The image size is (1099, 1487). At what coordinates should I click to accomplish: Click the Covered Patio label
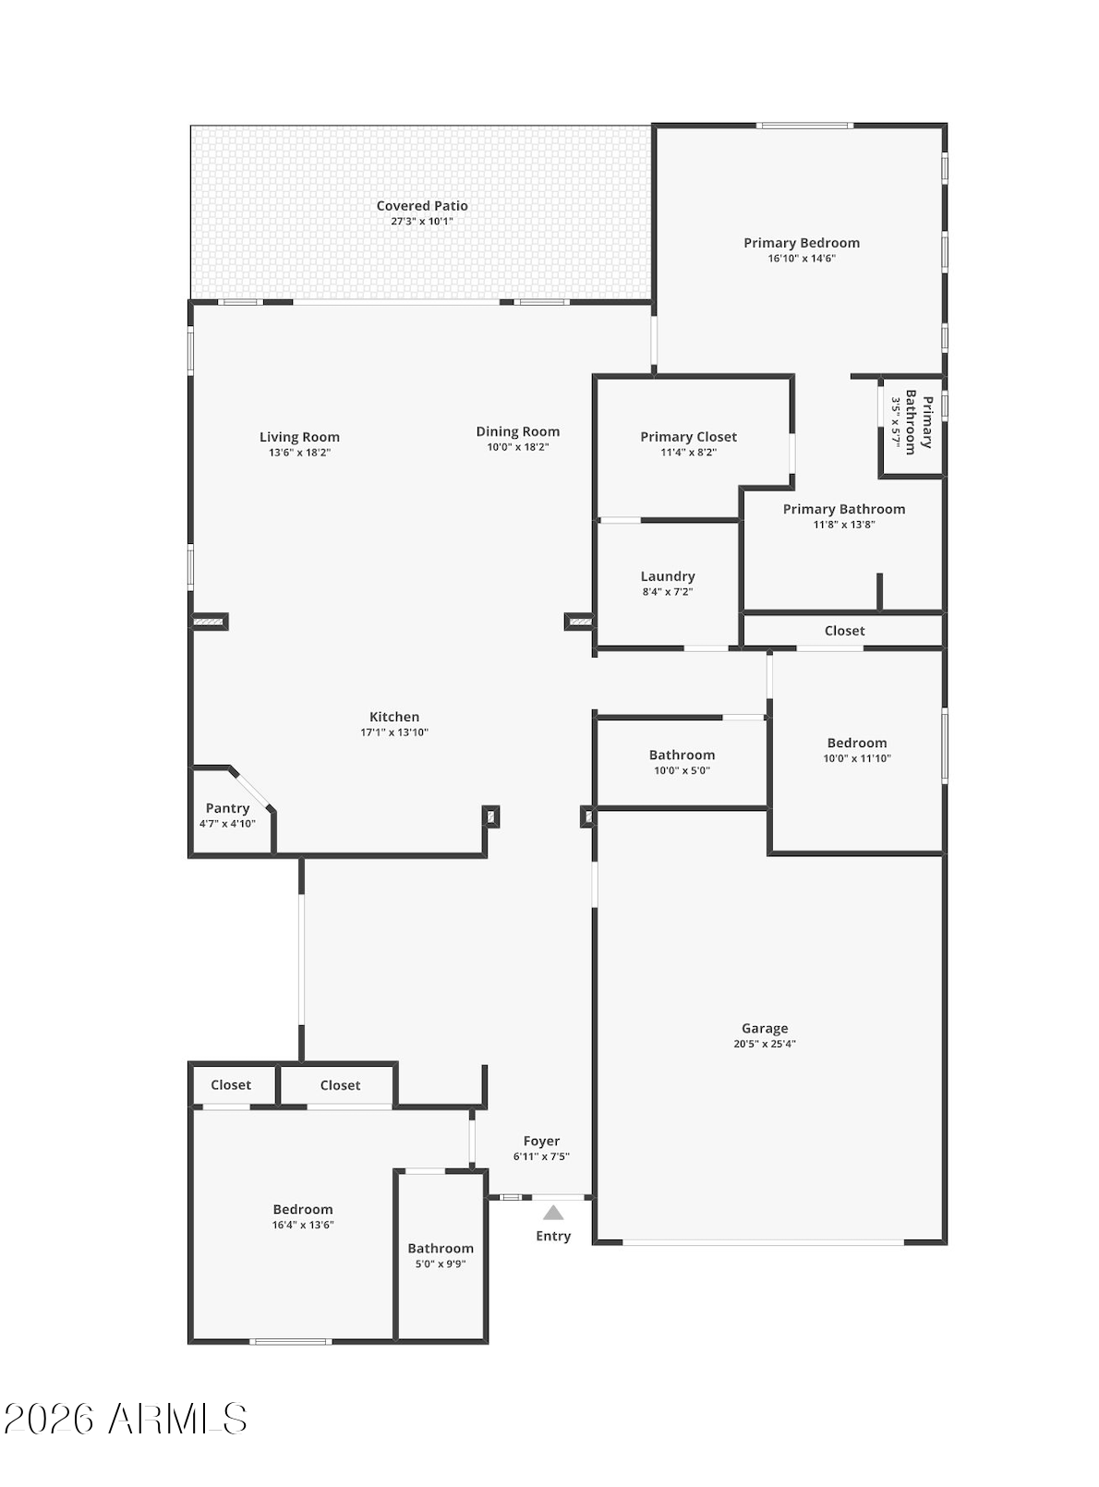point(422,206)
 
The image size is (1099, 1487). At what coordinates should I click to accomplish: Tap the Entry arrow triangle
point(553,1212)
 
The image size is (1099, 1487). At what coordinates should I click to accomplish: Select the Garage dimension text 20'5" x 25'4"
point(765,1043)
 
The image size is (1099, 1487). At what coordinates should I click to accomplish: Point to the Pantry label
point(227,808)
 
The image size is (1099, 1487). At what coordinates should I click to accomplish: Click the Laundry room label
point(667,576)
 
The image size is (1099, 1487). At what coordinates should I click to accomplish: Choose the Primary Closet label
point(689,437)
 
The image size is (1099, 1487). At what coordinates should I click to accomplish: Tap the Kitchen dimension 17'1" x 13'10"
point(394,732)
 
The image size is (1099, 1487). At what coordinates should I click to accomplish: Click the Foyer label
point(542,1141)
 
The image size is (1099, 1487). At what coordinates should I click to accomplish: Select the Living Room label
point(300,437)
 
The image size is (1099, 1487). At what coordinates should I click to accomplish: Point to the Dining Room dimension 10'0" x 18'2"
point(518,447)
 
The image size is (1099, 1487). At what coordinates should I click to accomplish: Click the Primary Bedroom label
point(802,243)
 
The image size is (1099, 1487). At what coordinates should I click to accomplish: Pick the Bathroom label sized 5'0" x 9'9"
point(441,1249)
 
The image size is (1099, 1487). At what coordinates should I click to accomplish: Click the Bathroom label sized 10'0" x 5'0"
point(682,755)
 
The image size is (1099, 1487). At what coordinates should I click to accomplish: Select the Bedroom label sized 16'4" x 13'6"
point(303,1209)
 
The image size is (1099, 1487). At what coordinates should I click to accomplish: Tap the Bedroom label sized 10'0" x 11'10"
point(857,743)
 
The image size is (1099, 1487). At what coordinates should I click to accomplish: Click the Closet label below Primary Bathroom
point(845,631)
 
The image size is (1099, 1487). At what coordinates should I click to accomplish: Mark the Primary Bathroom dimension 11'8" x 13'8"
point(844,525)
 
